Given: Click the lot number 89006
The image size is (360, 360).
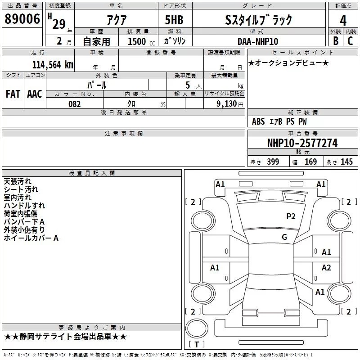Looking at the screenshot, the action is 22,19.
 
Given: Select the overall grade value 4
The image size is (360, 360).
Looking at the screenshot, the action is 343,20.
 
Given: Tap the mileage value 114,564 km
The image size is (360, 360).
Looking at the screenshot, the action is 52,64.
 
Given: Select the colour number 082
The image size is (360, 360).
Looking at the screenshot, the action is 74,104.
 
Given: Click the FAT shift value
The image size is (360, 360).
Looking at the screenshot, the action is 13,94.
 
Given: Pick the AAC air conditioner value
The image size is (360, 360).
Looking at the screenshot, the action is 35,94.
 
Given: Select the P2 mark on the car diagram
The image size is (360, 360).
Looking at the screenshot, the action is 291,216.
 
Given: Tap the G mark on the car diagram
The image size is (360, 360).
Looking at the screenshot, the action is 284,237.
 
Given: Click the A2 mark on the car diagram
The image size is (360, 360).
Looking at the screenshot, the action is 326,268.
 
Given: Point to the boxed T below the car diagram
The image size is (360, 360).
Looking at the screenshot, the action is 197,345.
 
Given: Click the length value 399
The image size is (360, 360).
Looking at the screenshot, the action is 273,162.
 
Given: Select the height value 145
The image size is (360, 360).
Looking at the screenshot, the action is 346,162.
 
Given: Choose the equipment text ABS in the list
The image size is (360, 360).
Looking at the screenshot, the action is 258,121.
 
